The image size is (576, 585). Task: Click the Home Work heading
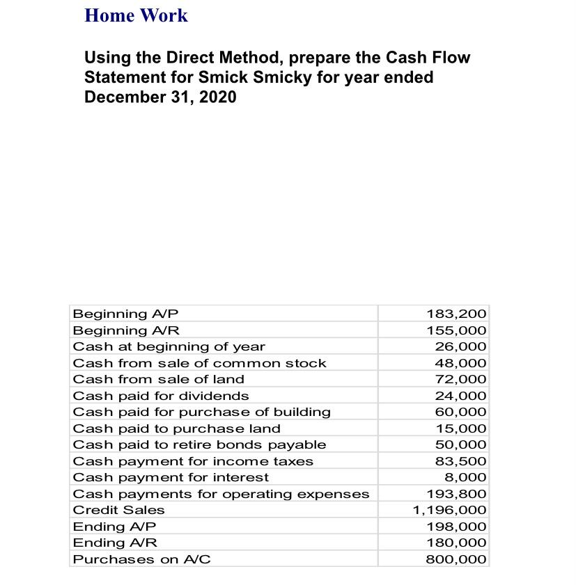point(136,15)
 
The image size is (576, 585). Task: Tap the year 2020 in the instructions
point(217,97)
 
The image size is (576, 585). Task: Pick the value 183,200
point(456,314)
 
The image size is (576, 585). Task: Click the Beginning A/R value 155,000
point(456,330)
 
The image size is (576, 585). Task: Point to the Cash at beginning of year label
point(169,346)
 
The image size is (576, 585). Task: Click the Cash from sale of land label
point(159,379)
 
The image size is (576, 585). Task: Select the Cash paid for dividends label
point(161,396)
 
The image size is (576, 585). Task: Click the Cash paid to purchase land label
point(177,428)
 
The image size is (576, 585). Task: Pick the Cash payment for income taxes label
point(193,461)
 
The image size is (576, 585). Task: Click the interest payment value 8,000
point(465,477)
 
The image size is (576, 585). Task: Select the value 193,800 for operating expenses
point(456,494)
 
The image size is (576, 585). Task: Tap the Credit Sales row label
point(119,510)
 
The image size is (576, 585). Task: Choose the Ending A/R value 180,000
point(456,543)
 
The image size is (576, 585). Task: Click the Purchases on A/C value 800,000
point(456,559)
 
